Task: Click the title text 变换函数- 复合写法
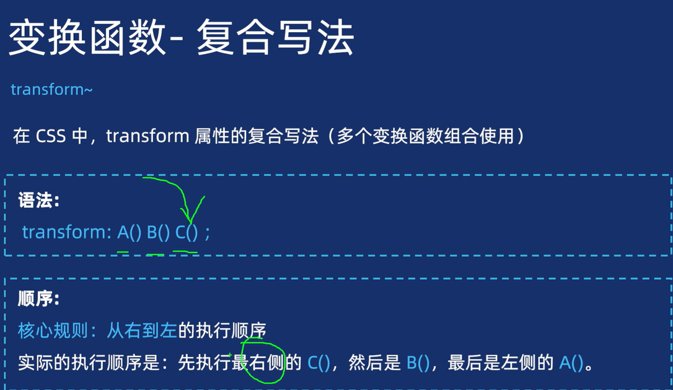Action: (181, 38)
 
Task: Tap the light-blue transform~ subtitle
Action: (51, 90)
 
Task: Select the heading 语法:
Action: (38, 201)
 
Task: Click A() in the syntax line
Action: (130, 233)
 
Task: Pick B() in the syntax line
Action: (158, 233)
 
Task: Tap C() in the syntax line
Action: (187, 233)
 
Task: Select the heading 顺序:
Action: (38, 300)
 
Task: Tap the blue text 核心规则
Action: (52, 331)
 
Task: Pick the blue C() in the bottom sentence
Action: (319, 363)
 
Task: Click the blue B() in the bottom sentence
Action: (418, 363)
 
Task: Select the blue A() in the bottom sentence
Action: (571, 363)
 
